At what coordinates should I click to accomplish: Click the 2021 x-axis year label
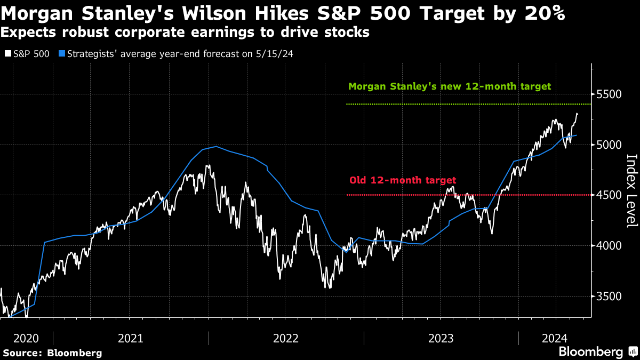tap(130, 338)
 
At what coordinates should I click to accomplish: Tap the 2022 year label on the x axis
tap(286, 338)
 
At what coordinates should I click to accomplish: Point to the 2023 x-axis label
tap(441, 338)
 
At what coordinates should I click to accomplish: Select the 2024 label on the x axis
tap(555, 338)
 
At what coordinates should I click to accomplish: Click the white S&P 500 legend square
tap(7, 54)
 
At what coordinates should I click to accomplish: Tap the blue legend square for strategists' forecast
tap(62, 54)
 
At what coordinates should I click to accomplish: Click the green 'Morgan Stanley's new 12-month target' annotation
tap(449, 86)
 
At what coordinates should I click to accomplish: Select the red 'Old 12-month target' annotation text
tap(403, 180)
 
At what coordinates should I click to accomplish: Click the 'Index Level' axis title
tap(631, 190)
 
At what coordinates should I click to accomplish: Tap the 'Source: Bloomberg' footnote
tap(52, 353)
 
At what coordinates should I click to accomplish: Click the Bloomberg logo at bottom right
tap(596, 352)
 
